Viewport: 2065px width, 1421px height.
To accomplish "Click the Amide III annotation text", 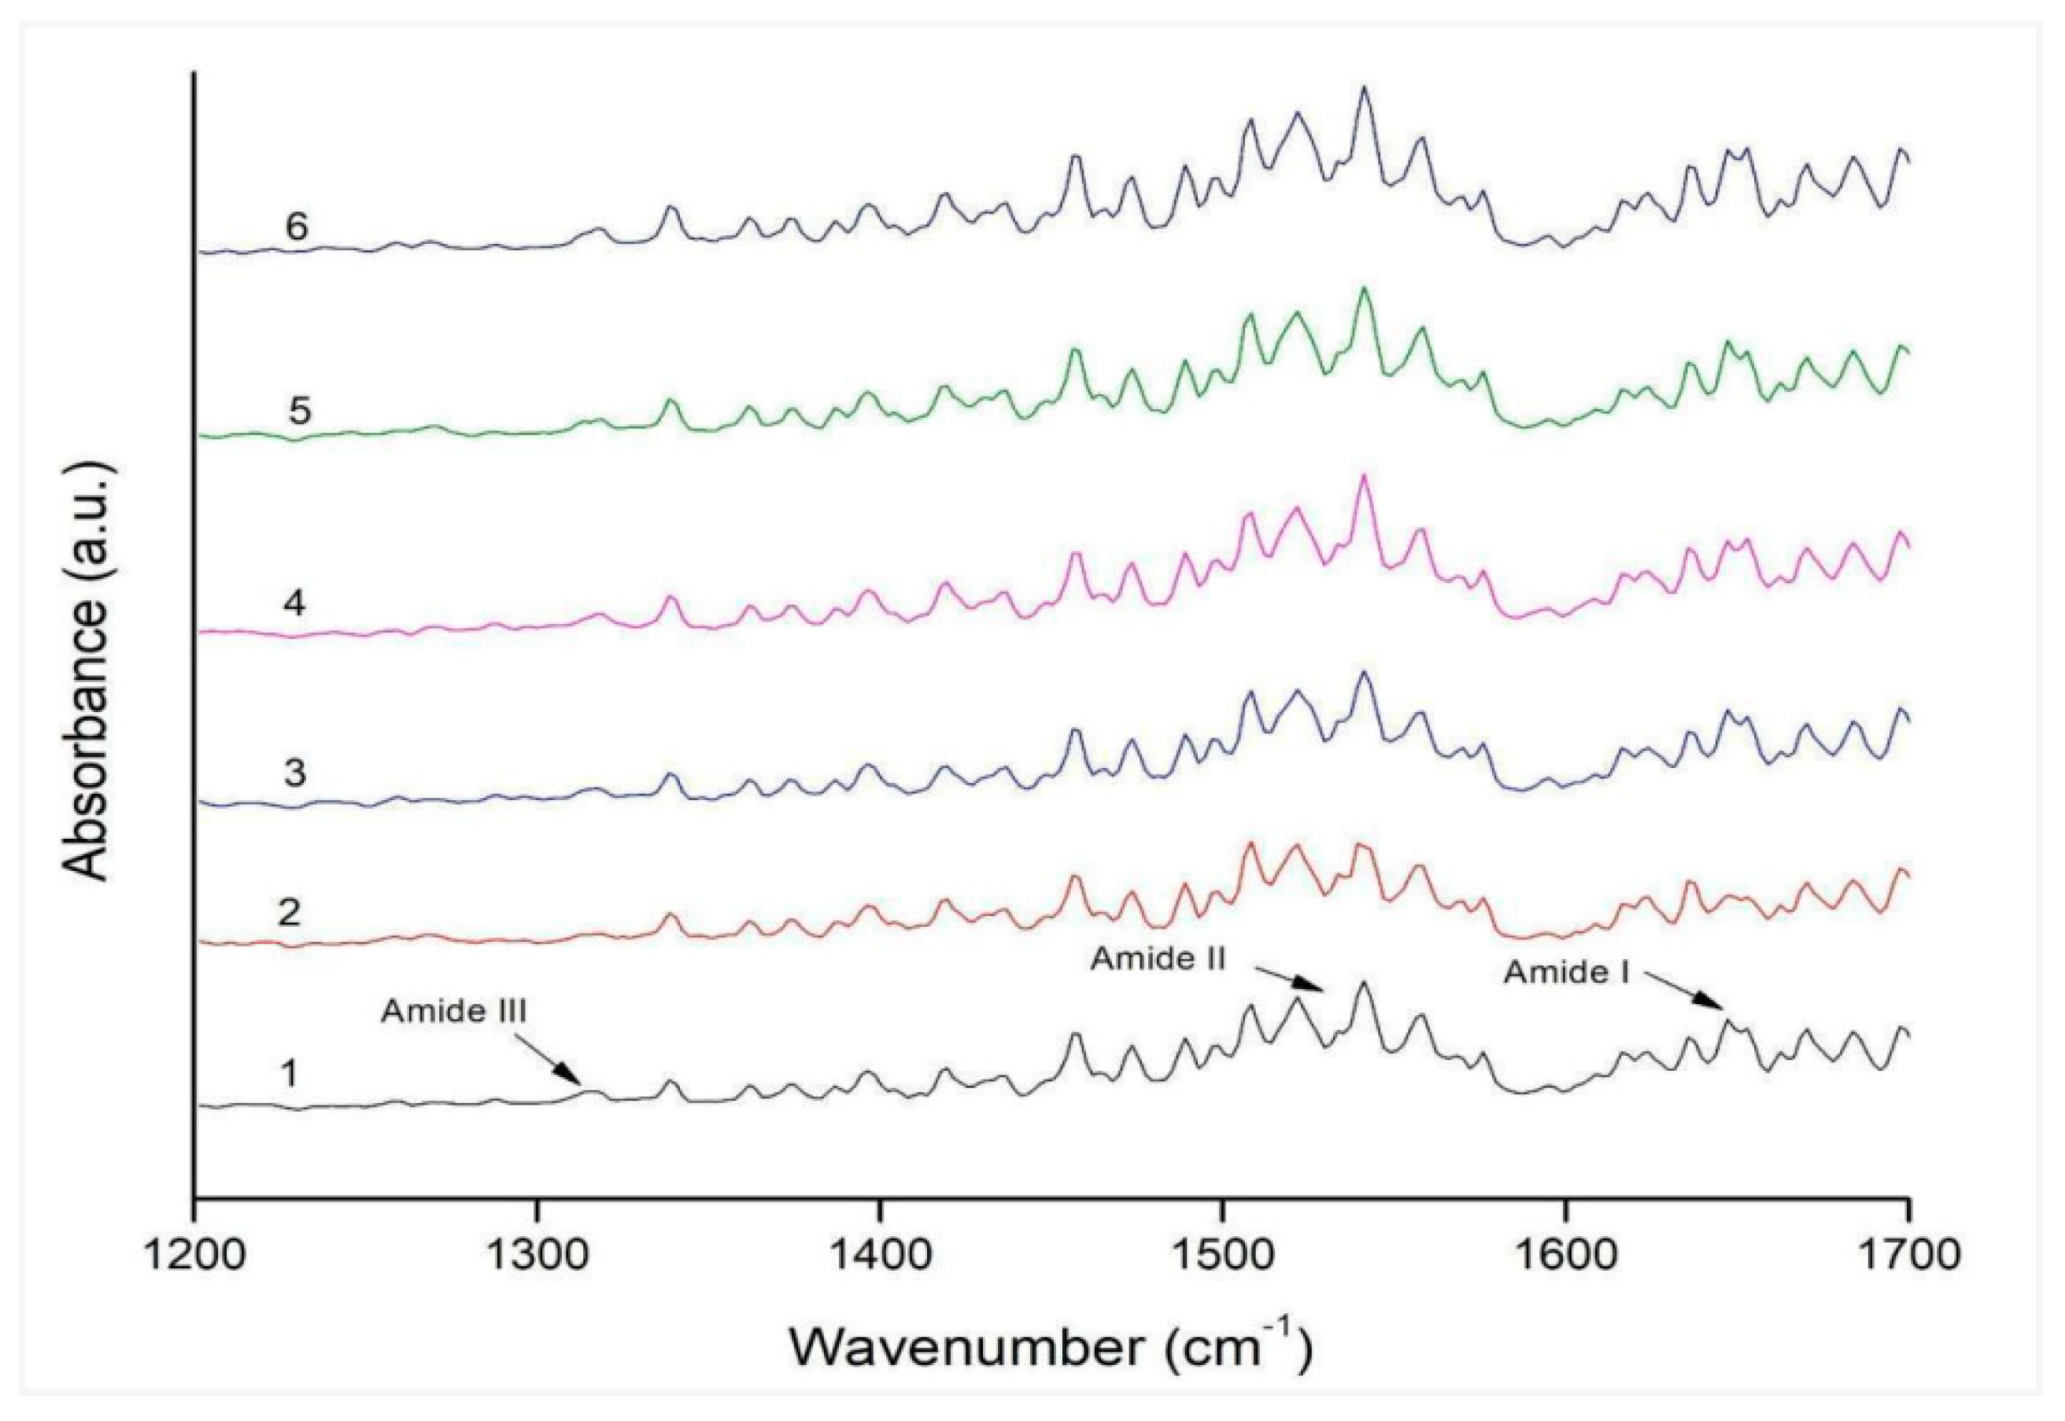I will point(454,1013).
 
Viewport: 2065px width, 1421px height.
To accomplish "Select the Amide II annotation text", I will point(1158,959).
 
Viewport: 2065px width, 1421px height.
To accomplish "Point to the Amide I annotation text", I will point(1567,973).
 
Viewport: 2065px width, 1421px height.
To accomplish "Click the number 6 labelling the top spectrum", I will point(297,227).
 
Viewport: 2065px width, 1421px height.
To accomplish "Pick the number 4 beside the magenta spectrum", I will point(295,605).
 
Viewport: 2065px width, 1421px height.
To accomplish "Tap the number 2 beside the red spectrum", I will point(290,913).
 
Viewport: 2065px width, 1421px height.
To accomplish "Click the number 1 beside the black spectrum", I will point(289,1076).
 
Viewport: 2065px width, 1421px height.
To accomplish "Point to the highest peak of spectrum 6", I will point(1363,87).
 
